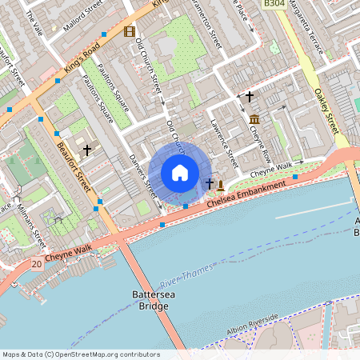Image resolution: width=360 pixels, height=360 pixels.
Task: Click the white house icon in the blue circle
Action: [x=180, y=172]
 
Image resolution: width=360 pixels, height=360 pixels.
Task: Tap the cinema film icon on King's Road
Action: [x=130, y=32]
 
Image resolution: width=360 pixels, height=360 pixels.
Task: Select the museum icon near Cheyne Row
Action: [x=254, y=120]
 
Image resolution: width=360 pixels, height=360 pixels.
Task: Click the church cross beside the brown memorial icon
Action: [x=210, y=185]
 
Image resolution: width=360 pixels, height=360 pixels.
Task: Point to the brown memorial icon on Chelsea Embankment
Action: [x=220, y=185]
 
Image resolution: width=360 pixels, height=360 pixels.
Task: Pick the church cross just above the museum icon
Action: [x=249, y=96]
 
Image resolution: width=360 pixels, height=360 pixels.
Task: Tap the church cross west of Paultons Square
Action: [x=86, y=149]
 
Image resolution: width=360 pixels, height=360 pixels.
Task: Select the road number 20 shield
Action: [x=37, y=264]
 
